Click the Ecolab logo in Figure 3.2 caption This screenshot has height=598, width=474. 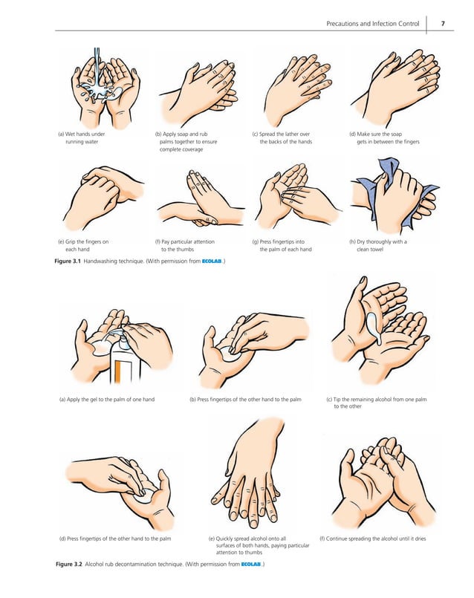[252, 565]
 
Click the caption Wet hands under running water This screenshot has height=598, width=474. [82, 137]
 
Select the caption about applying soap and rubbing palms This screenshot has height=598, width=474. [186, 141]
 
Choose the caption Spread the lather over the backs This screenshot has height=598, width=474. [282, 137]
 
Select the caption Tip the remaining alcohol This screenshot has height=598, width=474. [376, 403]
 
